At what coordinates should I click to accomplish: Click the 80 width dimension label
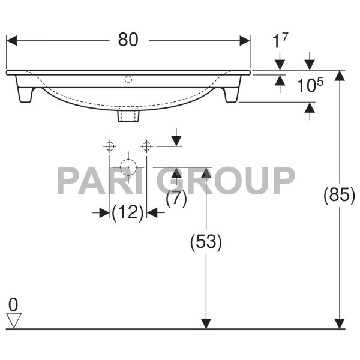coord(128,40)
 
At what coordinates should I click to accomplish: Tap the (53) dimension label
coord(206,242)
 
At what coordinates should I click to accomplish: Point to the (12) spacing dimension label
coord(128,212)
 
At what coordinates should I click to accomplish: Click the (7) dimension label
coord(176,199)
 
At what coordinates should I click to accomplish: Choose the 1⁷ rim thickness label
coord(280,42)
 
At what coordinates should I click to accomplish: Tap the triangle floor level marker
coord(13,320)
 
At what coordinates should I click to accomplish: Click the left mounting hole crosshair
coord(109,145)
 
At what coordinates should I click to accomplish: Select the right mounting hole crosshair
coord(146,145)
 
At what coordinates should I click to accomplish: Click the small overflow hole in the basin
coord(128,79)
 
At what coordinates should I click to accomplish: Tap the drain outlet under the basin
coord(128,114)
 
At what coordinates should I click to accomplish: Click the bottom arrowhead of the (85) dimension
coord(340,323)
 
